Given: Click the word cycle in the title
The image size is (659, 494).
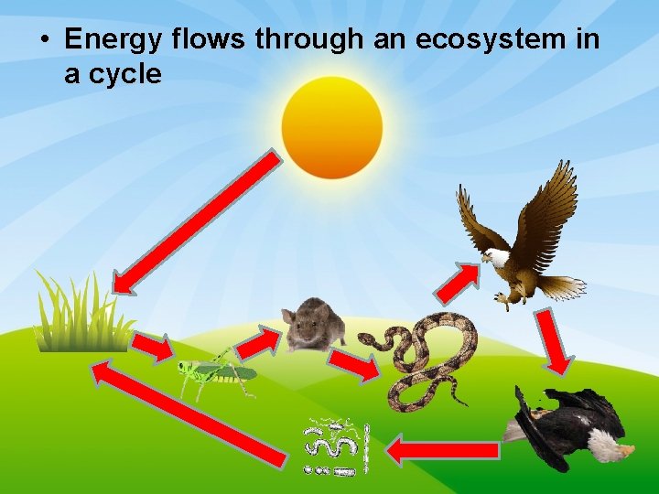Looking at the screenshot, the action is point(125,74).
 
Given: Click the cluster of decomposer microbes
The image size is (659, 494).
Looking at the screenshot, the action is point(336,447).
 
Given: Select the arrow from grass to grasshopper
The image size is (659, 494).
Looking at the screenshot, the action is point(152,346).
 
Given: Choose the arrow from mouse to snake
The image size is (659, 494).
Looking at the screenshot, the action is point(353,365).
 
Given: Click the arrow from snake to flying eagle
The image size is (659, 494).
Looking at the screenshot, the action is point(457,282).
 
